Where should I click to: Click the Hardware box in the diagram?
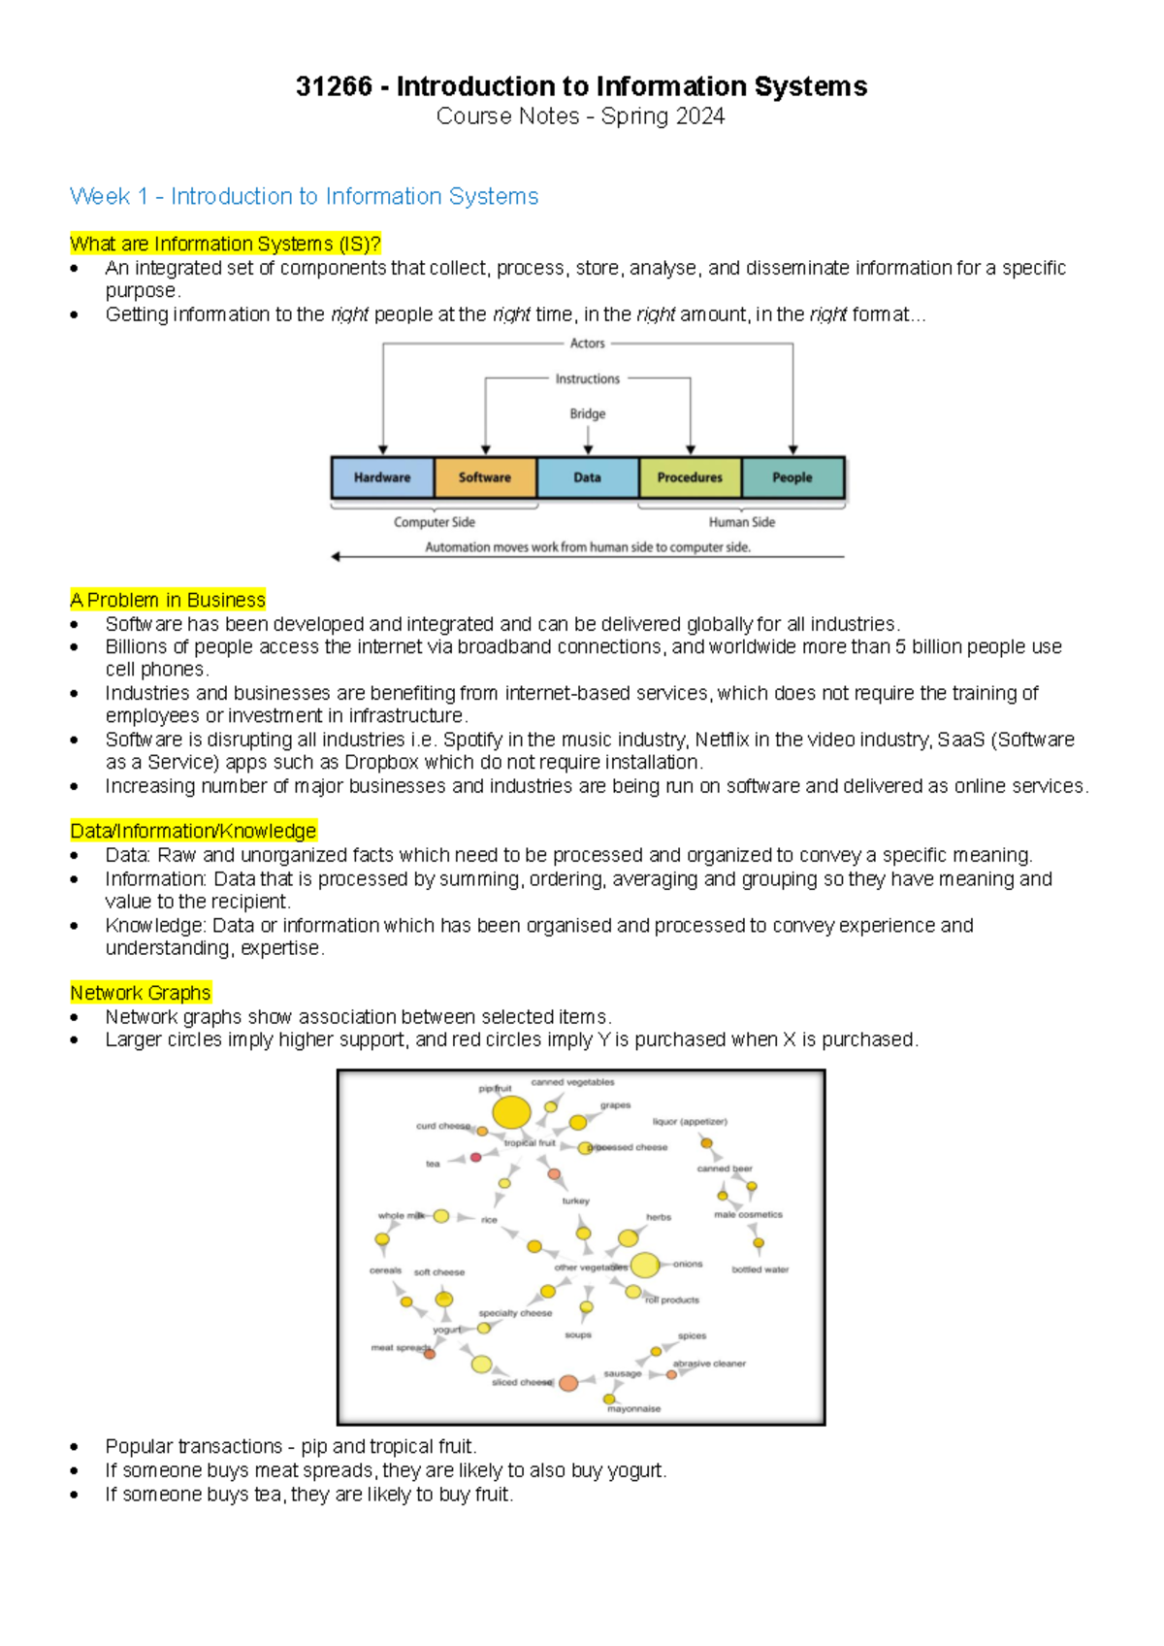coord(382,477)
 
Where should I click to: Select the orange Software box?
coord(485,477)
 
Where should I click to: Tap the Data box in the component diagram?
coord(587,477)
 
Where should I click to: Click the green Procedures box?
coord(690,477)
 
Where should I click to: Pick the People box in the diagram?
coord(792,477)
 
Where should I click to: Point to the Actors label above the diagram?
coord(587,344)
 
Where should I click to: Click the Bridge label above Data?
coord(587,413)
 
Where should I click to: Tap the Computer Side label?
coord(434,522)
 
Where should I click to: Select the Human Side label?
coord(741,522)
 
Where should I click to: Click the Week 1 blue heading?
coord(304,196)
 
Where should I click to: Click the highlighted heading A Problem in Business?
coord(168,600)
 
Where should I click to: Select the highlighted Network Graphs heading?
coord(141,993)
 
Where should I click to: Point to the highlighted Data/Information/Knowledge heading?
coord(193,831)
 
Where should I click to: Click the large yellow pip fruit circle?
coord(511,1112)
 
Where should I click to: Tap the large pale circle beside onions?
coord(644,1265)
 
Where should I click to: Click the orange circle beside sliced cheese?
coord(568,1383)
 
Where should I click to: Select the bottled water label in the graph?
coord(760,1269)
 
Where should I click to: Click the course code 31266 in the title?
coord(334,86)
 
